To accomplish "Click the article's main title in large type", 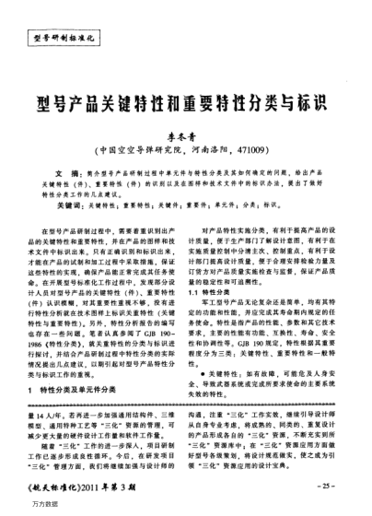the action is click(185, 103).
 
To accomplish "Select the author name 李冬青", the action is click(186, 135).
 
